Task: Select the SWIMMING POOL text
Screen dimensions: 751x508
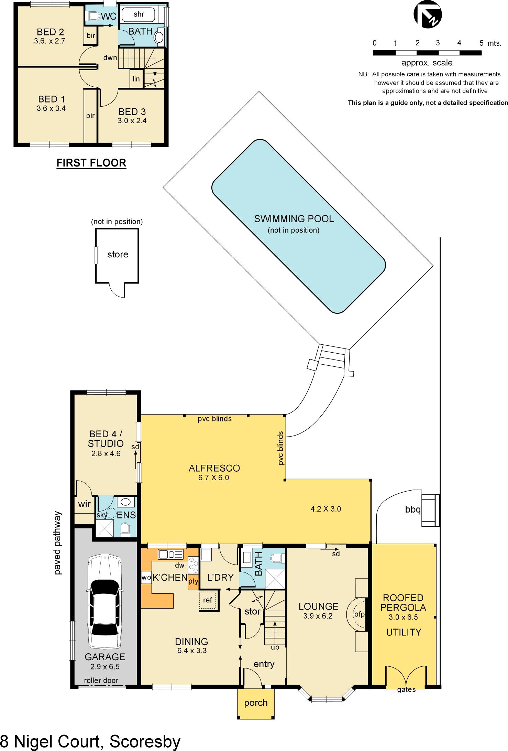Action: click(x=294, y=219)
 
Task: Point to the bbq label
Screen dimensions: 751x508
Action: click(x=413, y=509)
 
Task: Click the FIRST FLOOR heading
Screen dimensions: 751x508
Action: click(x=91, y=163)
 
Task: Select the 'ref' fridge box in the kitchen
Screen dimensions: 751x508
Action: click(x=208, y=600)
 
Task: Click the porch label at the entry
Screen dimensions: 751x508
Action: click(x=256, y=703)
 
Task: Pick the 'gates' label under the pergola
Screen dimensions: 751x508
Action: click(x=406, y=689)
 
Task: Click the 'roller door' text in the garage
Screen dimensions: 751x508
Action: click(x=101, y=680)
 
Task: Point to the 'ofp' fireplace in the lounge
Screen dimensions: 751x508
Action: click(x=359, y=614)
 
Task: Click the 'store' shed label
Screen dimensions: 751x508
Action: click(x=118, y=255)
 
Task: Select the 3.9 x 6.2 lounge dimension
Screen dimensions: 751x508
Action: click(x=318, y=616)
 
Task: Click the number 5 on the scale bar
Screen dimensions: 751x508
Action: click(x=481, y=43)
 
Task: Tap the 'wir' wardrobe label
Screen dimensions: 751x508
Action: click(x=84, y=504)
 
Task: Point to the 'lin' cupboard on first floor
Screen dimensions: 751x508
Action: click(x=136, y=79)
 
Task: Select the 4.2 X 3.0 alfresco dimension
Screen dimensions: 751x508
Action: click(x=325, y=509)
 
